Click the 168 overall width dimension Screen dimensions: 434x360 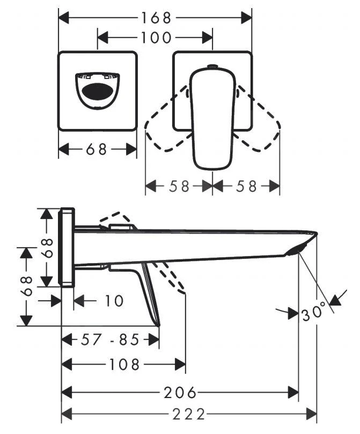[156, 17]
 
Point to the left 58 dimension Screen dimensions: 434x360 [179, 186]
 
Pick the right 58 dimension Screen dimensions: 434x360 [246, 186]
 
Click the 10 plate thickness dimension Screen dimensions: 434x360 [113, 301]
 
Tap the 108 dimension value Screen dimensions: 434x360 [124, 365]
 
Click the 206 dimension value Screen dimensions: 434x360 [180, 393]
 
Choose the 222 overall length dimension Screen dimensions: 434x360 [189, 414]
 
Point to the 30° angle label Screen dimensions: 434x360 [313, 312]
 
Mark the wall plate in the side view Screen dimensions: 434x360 [68, 248]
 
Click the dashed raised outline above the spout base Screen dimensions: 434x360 [115, 220]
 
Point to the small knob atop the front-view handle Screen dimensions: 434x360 [211, 66]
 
